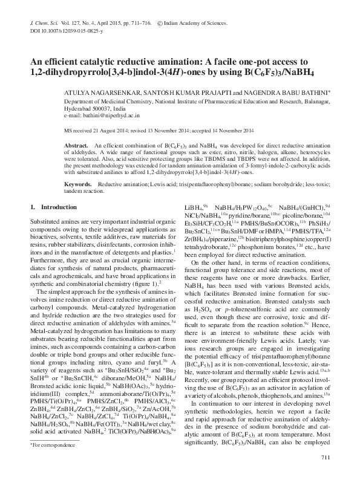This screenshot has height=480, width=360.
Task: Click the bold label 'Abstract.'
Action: pos(76,146)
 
